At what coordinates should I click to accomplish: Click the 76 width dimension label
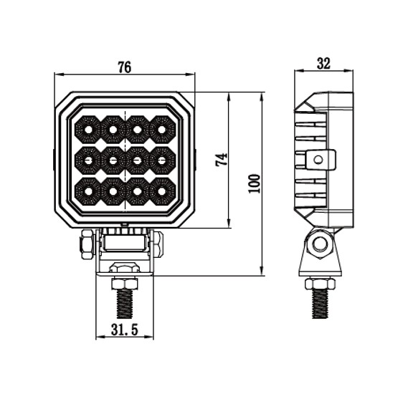[x=124, y=68]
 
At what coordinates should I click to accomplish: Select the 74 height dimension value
[x=222, y=160]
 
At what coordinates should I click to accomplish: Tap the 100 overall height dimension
[x=253, y=184]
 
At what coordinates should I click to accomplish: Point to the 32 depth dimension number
[x=323, y=64]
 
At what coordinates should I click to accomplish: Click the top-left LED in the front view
[x=87, y=130]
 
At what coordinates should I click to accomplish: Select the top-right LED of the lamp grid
[x=162, y=130]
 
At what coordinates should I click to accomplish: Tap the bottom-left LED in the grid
[x=87, y=191]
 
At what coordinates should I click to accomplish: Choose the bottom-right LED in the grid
[x=162, y=191]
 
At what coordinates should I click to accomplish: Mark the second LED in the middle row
[x=113, y=160]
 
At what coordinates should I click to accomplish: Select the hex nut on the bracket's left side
[x=86, y=244]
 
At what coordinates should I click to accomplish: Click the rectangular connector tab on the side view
[x=320, y=159]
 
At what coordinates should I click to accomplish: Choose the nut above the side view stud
[x=320, y=284]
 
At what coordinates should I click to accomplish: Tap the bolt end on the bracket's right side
[x=157, y=244]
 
